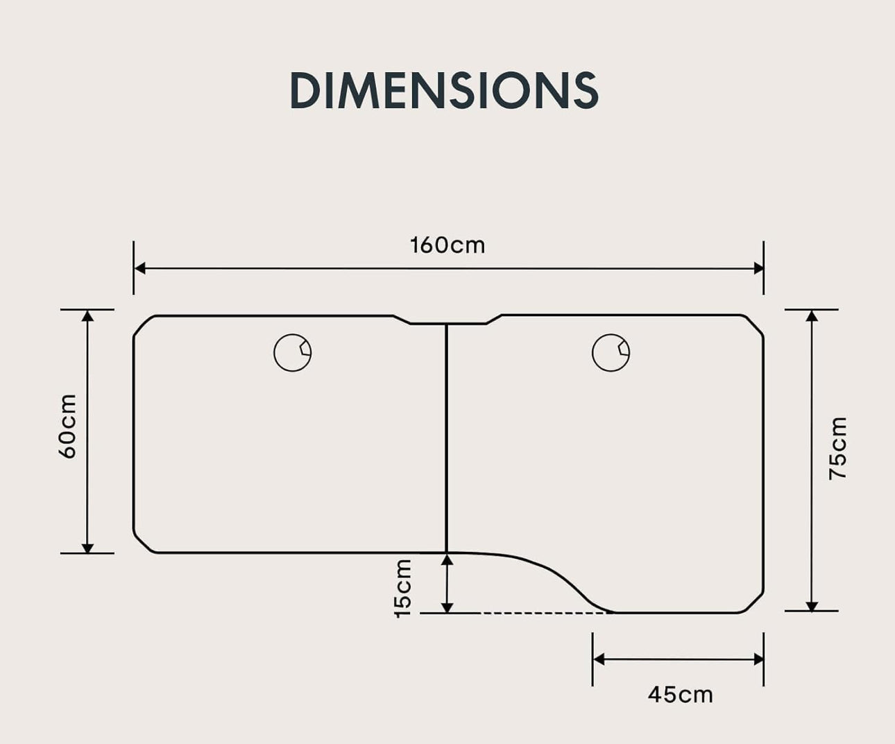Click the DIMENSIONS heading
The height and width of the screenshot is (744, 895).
pyautogui.click(x=444, y=90)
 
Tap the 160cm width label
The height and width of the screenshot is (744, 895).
pyautogui.click(x=448, y=245)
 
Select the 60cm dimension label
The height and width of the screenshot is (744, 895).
pyautogui.click(x=68, y=426)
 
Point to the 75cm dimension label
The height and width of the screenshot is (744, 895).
pyautogui.click(x=838, y=449)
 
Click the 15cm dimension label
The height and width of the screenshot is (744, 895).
pyautogui.click(x=403, y=589)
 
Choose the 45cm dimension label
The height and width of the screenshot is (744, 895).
pyautogui.click(x=680, y=695)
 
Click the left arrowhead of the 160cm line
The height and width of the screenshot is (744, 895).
pyautogui.click(x=139, y=268)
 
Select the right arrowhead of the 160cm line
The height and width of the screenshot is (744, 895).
pyautogui.click(x=758, y=268)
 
